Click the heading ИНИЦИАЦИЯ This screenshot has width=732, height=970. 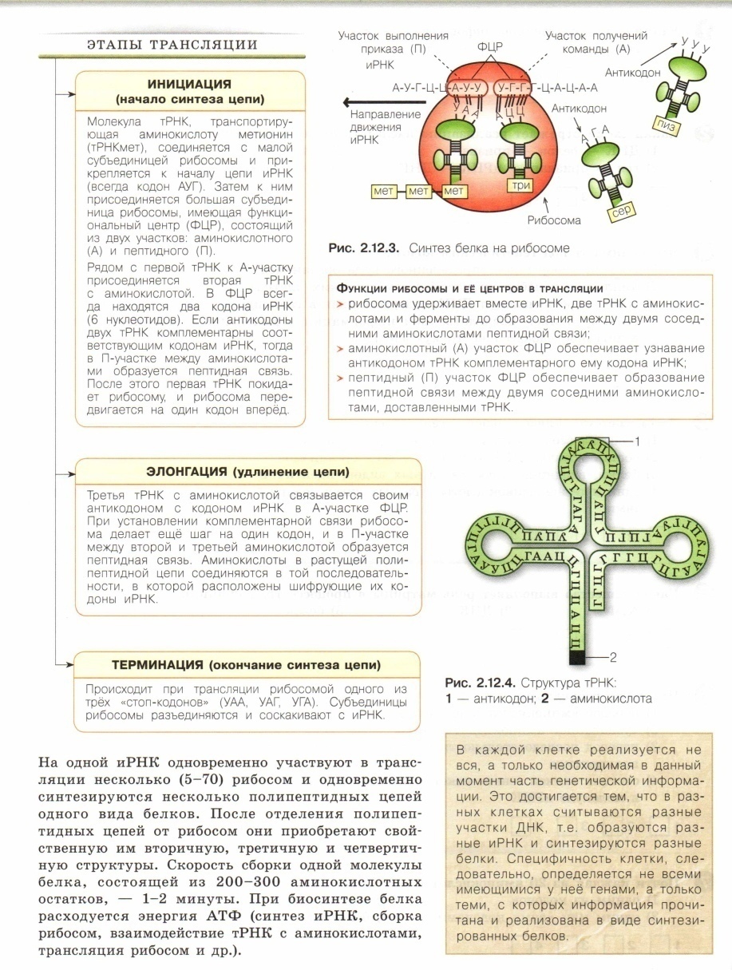[189, 84]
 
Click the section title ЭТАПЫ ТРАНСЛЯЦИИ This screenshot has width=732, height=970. [172, 44]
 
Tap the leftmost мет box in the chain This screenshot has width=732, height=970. [384, 192]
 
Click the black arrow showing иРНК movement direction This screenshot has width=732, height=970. [370, 101]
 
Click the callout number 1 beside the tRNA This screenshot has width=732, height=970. [639, 440]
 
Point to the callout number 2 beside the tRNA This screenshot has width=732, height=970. [614, 658]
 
